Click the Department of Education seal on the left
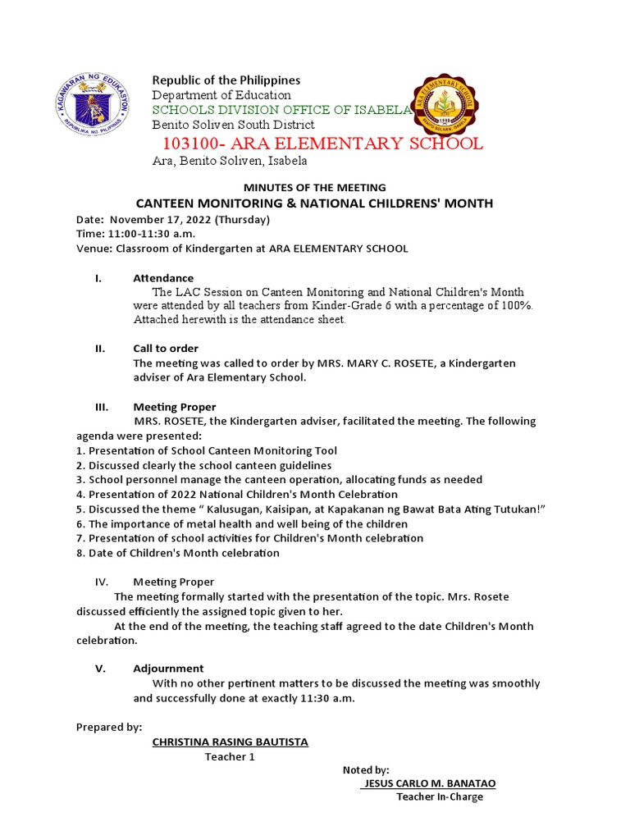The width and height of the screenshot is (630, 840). click(x=95, y=105)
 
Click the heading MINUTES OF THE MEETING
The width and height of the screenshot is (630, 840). click(x=314, y=188)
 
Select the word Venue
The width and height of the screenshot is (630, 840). click(x=94, y=249)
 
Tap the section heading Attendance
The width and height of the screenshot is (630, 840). click(x=163, y=278)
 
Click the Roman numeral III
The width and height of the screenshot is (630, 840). click(x=103, y=407)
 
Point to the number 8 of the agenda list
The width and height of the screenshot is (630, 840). click(x=79, y=553)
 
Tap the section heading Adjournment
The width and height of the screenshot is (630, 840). click(x=168, y=669)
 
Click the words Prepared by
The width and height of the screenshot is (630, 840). click(x=108, y=727)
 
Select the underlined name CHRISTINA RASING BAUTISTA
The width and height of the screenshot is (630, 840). click(x=231, y=742)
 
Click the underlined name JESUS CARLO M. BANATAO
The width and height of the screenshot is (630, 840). click(x=429, y=783)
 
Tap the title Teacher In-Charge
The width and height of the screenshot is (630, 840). click(x=440, y=797)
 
